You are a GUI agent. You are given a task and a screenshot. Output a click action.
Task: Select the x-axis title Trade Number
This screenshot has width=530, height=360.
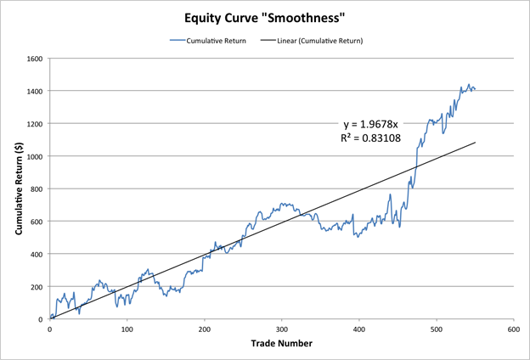pyautogui.click(x=280, y=344)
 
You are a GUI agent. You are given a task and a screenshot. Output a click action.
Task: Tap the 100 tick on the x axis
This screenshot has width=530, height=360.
pyautogui.click(x=127, y=329)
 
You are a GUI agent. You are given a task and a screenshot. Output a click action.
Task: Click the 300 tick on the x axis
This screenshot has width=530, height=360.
pyautogui.click(x=281, y=329)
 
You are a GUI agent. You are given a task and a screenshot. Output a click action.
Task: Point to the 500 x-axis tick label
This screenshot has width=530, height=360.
pyautogui.click(x=435, y=329)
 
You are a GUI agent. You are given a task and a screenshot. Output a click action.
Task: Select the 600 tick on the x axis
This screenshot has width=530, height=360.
pyautogui.click(x=512, y=329)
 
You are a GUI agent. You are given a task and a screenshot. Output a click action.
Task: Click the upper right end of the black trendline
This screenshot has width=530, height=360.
pyautogui.click(x=475, y=142)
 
